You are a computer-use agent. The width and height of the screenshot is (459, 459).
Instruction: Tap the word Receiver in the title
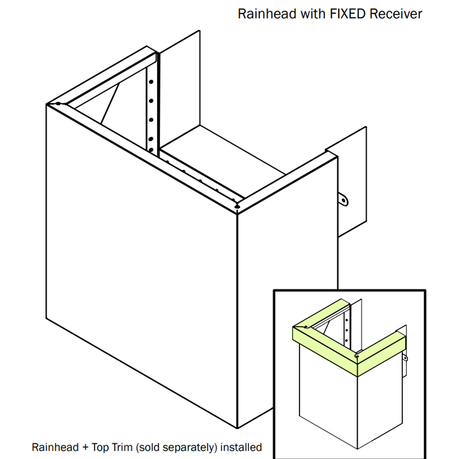pos(396,14)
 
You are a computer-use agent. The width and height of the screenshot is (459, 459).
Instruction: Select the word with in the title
pos(313,14)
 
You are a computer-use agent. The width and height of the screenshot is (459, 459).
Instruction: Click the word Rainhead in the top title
pos(267,14)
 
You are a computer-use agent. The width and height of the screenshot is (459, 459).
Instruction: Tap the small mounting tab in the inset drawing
pos(405,358)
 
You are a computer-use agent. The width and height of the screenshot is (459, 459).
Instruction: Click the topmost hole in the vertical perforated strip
pos(151,81)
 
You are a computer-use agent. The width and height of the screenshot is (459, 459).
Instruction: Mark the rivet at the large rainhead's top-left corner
pos(57,103)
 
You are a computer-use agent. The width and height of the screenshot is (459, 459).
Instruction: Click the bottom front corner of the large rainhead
pos(237,427)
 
